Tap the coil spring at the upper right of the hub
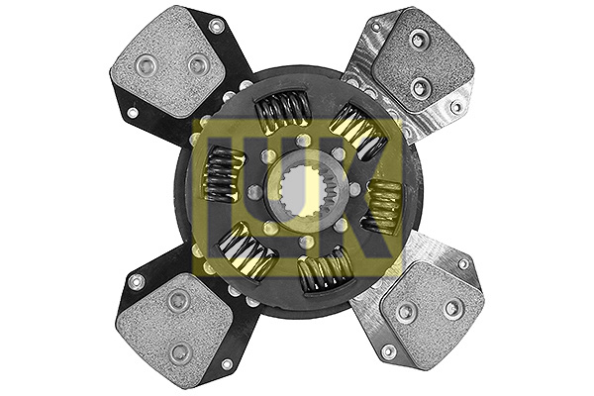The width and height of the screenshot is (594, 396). click(x=356, y=131)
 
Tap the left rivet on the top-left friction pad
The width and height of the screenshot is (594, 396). click(x=147, y=67)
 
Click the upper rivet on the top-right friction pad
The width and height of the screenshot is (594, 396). click(x=420, y=41)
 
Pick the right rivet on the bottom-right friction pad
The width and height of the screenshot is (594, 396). click(x=451, y=308)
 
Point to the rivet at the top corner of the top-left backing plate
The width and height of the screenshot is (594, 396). click(x=216, y=26)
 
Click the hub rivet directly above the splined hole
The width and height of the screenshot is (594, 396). click(x=302, y=142)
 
